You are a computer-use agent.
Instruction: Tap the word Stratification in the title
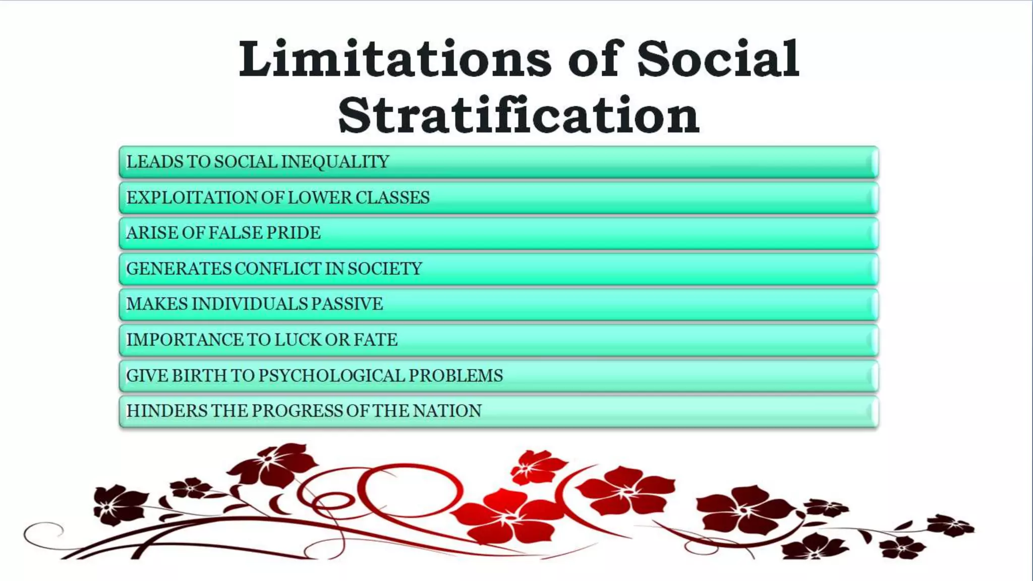[519, 115]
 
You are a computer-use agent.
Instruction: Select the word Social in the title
[718, 60]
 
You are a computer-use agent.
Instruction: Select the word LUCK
[298, 339]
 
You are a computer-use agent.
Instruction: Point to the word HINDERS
[166, 411]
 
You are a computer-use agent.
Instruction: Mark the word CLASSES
[392, 197]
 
